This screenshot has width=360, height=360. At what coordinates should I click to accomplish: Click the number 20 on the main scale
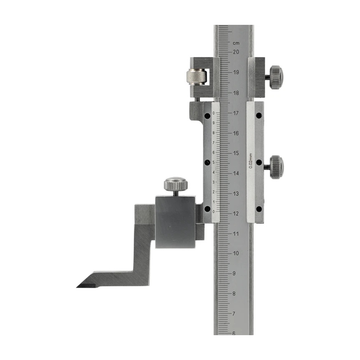pos(236,52)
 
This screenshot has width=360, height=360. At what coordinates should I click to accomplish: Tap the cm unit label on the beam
pos(236,43)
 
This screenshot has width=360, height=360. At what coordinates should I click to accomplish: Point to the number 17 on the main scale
pos(236,113)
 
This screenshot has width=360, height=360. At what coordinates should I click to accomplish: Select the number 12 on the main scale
pos(236,214)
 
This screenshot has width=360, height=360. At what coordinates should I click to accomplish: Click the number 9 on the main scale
pos(234,274)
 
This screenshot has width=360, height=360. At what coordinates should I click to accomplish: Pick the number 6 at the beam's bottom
pos(234,334)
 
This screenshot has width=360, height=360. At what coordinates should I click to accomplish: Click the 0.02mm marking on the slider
pos(251,161)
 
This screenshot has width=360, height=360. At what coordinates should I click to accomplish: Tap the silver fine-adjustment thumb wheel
pos(196,77)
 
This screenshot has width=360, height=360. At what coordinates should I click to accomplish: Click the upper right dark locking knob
pos(276,77)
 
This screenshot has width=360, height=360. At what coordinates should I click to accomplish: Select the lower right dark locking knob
pos(276,167)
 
